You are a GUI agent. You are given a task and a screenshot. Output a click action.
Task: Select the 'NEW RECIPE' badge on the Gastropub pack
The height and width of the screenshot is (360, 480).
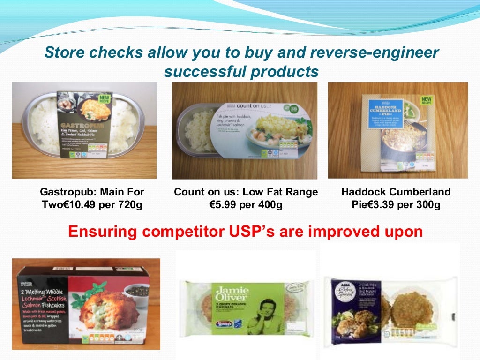(x=104, y=98)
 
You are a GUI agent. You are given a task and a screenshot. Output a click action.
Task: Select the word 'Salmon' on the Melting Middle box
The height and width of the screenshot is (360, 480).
(x=31, y=306)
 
